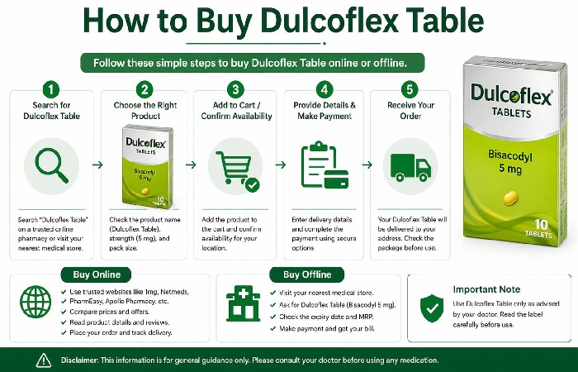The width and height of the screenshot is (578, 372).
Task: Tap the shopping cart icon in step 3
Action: [x=235, y=165]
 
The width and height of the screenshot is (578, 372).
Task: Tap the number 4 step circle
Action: [x=325, y=88]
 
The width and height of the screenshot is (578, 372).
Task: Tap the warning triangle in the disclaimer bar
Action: [x=44, y=360]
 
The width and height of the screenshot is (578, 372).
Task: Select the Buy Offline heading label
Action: [x=307, y=274]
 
